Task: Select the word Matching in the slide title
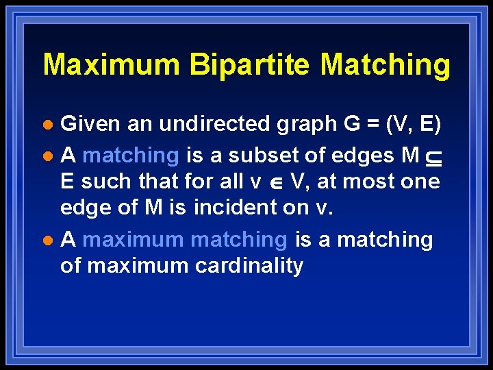click(x=385, y=65)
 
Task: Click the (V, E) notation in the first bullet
click(x=414, y=124)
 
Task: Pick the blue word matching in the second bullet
click(x=130, y=156)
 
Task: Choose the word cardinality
click(x=246, y=265)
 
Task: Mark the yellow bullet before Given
click(x=47, y=125)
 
